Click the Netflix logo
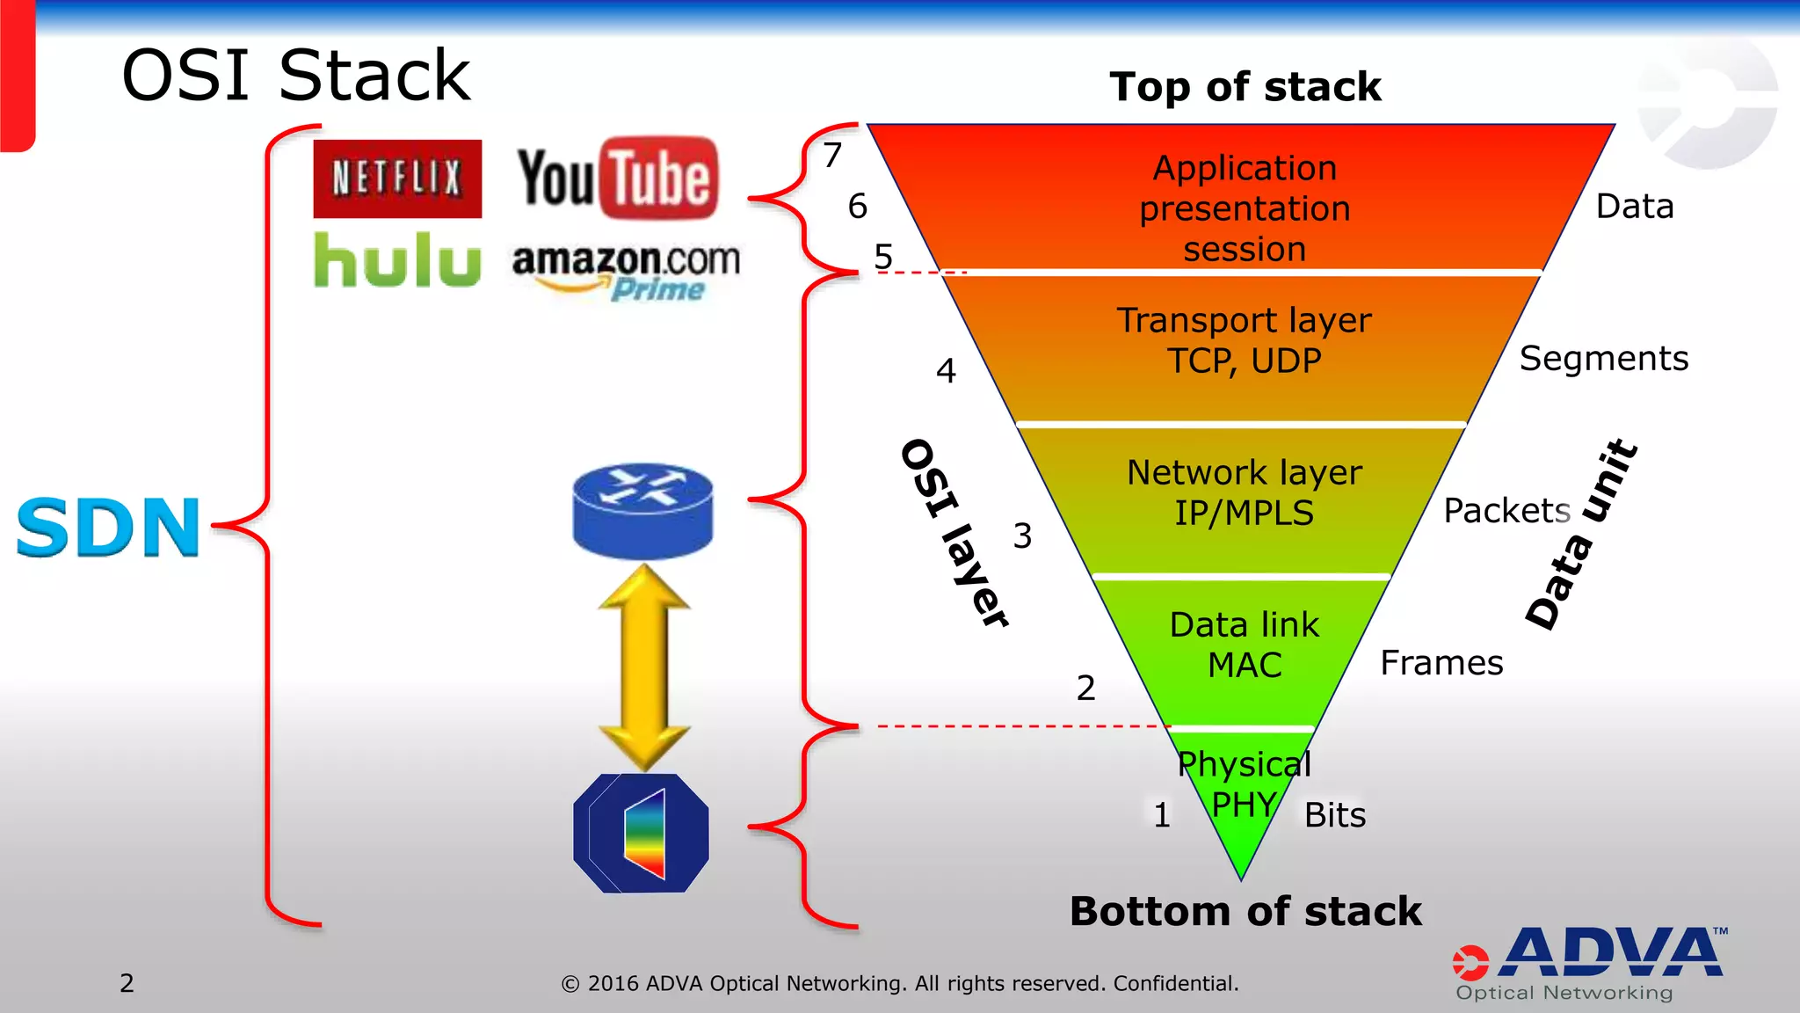[x=397, y=179]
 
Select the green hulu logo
[x=397, y=260]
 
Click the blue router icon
[x=642, y=511]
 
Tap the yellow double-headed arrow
[x=644, y=667]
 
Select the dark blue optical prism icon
[x=641, y=833]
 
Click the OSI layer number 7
[x=832, y=156]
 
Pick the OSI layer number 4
[x=946, y=371]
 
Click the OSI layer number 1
[x=1162, y=815]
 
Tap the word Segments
[x=1603, y=359]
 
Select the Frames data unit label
[x=1441, y=663]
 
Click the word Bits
[x=1335, y=815]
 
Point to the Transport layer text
[x=1244, y=320]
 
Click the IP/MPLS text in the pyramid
[x=1244, y=513]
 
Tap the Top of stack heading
[x=1245, y=87]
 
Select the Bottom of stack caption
[x=1245, y=911]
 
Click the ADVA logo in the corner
[x=1591, y=963]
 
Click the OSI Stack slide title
[x=296, y=77]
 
